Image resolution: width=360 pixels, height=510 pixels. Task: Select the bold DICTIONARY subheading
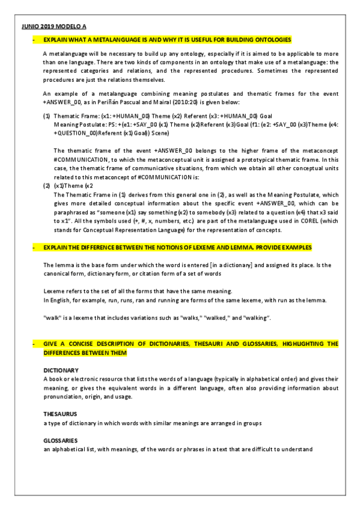pyautogui.click(x=61, y=370)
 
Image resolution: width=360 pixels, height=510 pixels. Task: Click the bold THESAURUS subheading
pyautogui.click(x=60, y=414)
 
